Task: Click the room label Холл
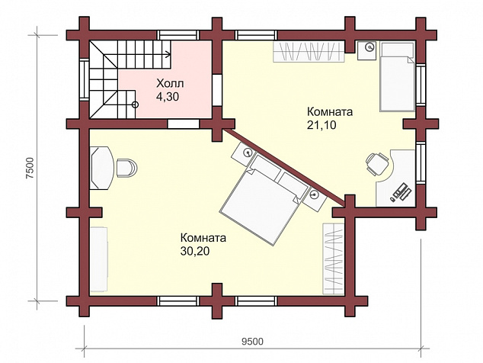pos(170,84)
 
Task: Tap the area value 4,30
pos(168,97)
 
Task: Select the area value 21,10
pos(321,125)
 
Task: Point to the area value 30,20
pos(195,252)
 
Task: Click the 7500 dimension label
pos(30,168)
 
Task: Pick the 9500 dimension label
pos(252,342)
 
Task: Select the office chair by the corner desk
pos(377,164)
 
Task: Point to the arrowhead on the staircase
pos(168,55)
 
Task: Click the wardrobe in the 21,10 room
pos(309,52)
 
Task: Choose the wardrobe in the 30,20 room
pos(333,259)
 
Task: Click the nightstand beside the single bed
pos(367,50)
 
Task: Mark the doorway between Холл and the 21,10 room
pos(217,90)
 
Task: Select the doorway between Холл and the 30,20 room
pos(184,124)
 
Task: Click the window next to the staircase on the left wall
pos(84,79)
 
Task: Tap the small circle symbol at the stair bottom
pos(135,104)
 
